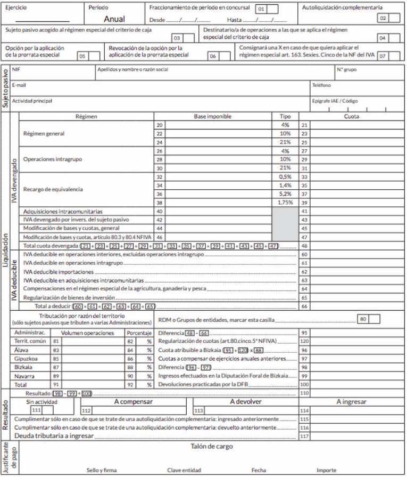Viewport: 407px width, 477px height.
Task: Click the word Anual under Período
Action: click(x=114, y=19)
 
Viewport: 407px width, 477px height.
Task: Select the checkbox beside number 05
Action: click(x=94, y=56)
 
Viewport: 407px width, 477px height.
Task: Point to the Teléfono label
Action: click(x=322, y=85)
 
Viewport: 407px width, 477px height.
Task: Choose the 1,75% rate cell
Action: click(x=285, y=203)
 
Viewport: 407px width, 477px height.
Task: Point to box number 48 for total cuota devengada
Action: click(x=304, y=246)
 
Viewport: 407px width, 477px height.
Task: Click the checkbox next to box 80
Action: click(x=375, y=319)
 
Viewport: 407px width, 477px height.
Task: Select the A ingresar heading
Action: click(x=352, y=402)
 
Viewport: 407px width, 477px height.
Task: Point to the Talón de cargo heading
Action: click(x=211, y=447)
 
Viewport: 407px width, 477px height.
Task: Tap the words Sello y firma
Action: click(x=101, y=470)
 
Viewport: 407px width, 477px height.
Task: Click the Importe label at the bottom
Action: click(x=326, y=470)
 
